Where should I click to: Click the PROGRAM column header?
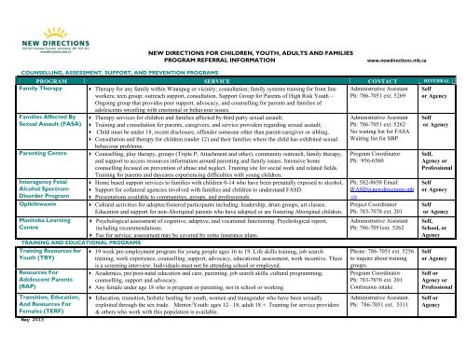(x=41, y=82)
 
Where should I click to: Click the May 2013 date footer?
(x=18, y=355)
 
